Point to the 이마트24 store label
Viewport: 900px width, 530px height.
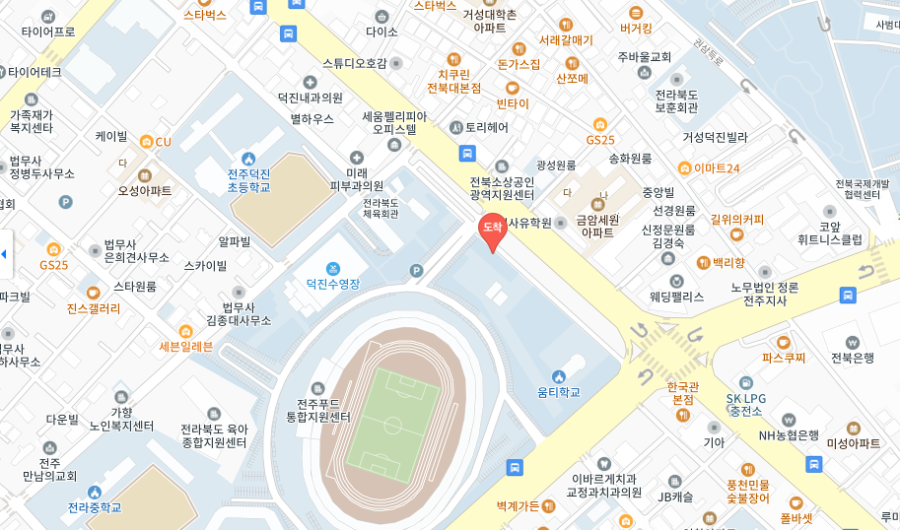click(x=716, y=168)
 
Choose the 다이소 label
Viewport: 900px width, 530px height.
click(x=381, y=32)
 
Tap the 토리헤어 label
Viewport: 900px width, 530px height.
click(x=486, y=127)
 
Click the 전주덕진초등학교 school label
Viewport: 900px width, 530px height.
click(x=247, y=180)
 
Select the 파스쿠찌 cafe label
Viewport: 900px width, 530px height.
click(x=785, y=359)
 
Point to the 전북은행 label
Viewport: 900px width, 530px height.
click(x=852, y=358)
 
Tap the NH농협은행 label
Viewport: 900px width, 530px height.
click(x=789, y=434)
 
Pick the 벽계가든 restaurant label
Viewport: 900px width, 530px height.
click(x=519, y=506)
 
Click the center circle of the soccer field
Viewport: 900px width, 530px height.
click(x=392, y=426)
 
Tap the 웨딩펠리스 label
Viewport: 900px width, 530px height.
click(x=676, y=297)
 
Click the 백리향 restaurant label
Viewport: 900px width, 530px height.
click(x=728, y=263)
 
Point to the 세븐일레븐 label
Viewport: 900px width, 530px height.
click(x=186, y=346)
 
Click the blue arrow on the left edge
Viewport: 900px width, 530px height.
click(x=4, y=255)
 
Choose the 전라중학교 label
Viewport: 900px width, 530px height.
click(x=95, y=507)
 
